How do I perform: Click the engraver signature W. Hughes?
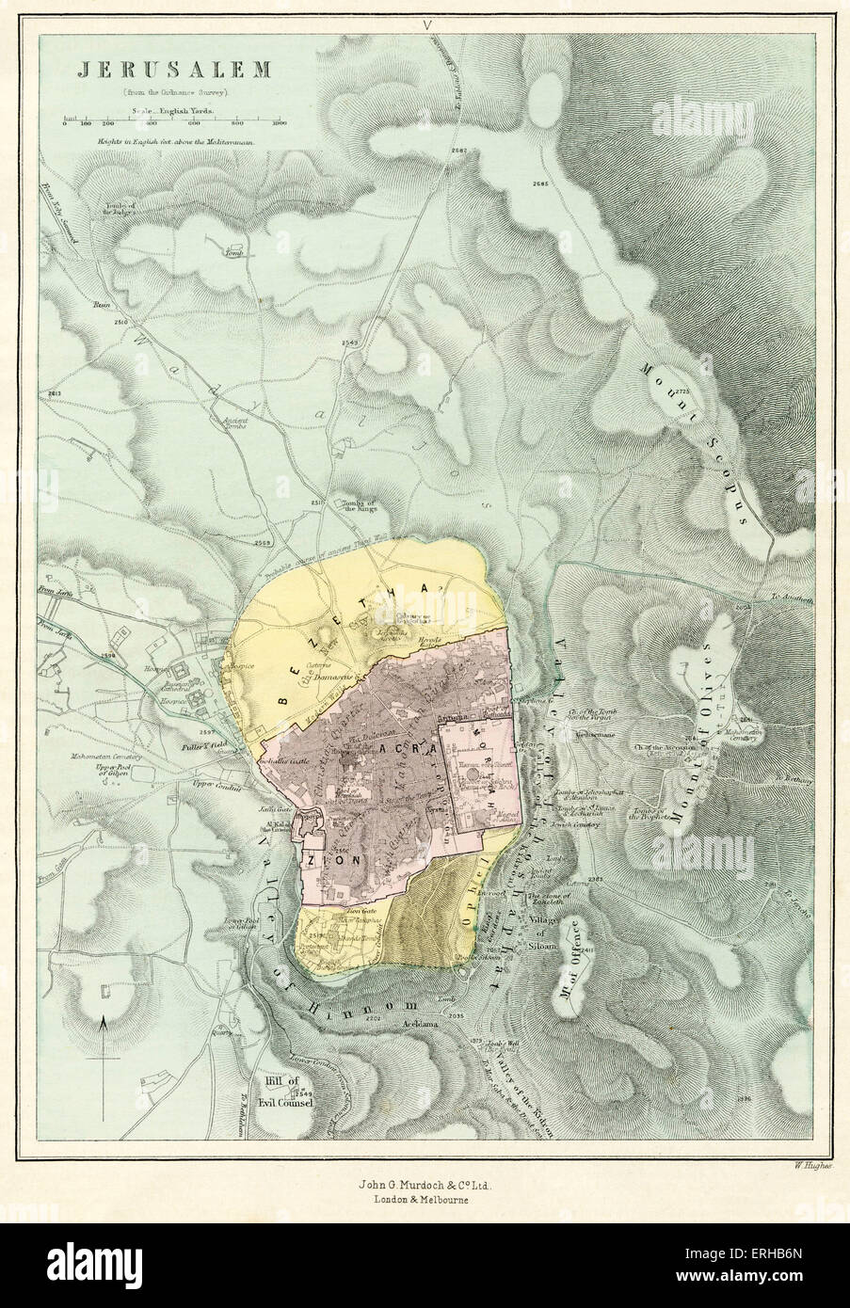pyautogui.click(x=797, y=1164)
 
